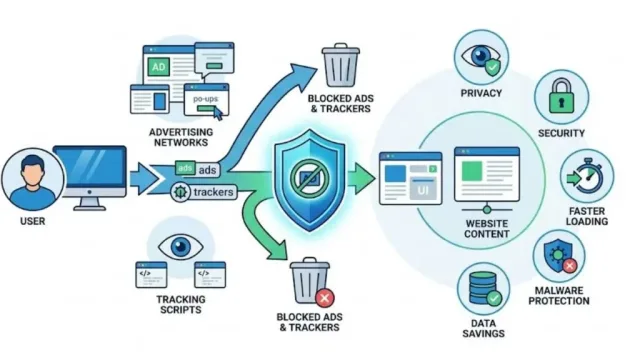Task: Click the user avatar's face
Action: tap(33, 173)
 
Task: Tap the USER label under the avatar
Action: tap(33, 221)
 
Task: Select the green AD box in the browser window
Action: tap(158, 67)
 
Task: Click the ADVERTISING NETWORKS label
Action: tap(181, 137)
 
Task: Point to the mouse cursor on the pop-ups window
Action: tap(218, 113)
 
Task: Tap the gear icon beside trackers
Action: tap(180, 192)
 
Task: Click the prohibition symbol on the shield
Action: tap(310, 178)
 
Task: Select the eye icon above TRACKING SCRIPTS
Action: tap(180, 246)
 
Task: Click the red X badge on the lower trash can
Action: tap(325, 298)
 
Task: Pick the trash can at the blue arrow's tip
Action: tap(341, 64)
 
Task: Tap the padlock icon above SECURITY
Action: tap(561, 96)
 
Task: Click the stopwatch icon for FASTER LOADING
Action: tap(588, 176)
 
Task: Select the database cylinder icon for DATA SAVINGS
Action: tap(482, 288)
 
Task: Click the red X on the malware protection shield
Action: tap(570, 266)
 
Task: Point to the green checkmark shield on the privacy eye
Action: tap(492, 67)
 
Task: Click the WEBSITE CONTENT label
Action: tap(487, 229)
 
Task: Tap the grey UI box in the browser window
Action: tap(422, 190)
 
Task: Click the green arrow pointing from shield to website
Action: tap(361, 178)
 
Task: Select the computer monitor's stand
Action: tap(89, 203)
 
